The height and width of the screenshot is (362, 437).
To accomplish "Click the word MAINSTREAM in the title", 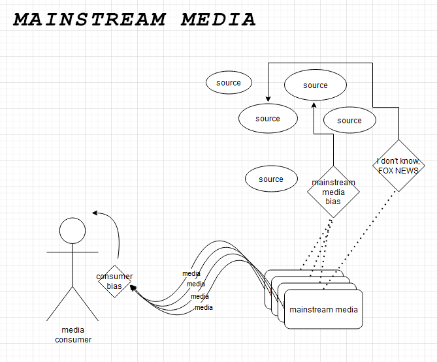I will click(89, 20).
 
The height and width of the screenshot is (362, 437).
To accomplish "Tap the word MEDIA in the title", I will click(218, 20).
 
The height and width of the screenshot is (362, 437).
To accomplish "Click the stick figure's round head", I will click(73, 230).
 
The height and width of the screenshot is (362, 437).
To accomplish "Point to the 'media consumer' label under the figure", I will click(73, 335).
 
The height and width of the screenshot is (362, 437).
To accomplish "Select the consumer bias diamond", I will click(115, 281).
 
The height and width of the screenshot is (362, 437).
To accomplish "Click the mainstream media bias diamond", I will click(333, 192).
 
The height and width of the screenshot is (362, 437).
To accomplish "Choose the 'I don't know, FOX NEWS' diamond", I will click(398, 166).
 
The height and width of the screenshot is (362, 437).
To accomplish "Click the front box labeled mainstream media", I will click(323, 309).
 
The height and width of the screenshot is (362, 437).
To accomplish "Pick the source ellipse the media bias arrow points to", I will click(315, 85).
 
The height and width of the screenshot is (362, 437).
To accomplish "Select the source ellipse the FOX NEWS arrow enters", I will click(268, 119).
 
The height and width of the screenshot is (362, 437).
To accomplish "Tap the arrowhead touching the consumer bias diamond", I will click(133, 288).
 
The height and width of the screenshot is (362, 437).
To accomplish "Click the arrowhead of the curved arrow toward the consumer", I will click(95, 212).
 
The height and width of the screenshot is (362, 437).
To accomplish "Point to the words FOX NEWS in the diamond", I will click(398, 171).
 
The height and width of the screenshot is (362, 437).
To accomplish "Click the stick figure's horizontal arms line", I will click(73, 250).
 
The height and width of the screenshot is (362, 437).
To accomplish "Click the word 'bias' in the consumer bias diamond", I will click(115, 286).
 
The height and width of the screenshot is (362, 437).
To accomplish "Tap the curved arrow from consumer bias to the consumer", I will click(116, 232).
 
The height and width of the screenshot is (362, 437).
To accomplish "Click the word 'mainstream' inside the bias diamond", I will click(333, 183).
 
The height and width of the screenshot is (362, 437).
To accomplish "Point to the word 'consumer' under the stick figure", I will click(73, 339).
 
